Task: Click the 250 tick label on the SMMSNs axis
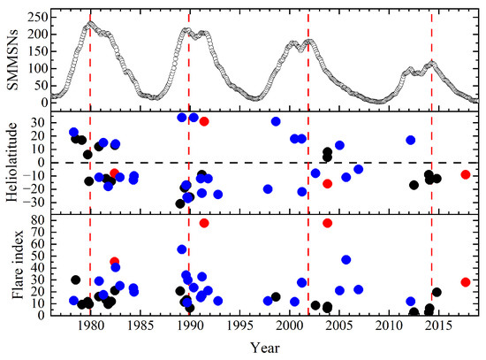pyautogui.click(x=36, y=16)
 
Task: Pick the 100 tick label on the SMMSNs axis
pyautogui.click(x=36, y=68)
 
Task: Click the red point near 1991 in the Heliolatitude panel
pyautogui.click(x=204, y=121)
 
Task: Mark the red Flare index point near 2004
pyautogui.click(x=328, y=223)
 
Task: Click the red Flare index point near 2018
pyautogui.click(x=466, y=282)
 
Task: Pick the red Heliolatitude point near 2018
pyautogui.click(x=466, y=174)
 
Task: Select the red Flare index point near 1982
pyautogui.click(x=115, y=262)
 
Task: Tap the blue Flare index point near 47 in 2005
pyautogui.click(x=346, y=260)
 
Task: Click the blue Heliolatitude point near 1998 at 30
pyautogui.click(x=276, y=121)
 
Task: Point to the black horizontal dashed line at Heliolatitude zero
pyautogui.click(x=265, y=163)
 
